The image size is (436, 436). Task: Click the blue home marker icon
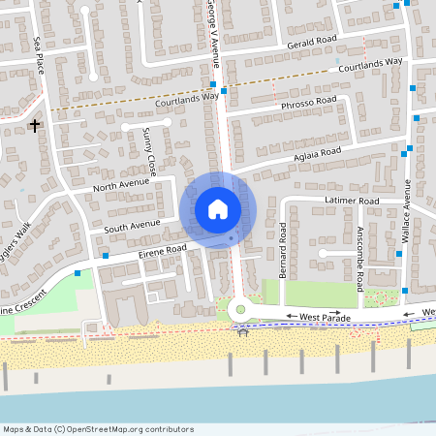217,207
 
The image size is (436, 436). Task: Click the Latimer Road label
355,201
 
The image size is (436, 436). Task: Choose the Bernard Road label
283,250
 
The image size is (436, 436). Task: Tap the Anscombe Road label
359,259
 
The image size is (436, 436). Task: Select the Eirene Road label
162,249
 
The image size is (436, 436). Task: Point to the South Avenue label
132,225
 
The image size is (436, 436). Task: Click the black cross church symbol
35,125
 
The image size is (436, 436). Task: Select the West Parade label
324,316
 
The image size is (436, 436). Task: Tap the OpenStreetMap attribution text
97,429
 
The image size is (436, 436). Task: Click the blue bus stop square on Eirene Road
105,256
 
